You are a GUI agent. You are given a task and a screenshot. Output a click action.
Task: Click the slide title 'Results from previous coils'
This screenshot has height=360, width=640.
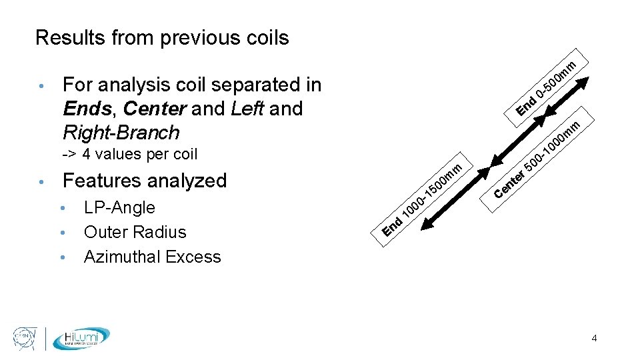click(162, 38)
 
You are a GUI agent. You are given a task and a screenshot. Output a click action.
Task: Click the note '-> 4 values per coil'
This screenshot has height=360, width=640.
click(129, 155)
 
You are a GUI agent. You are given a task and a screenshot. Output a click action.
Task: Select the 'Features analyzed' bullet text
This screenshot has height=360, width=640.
click(144, 181)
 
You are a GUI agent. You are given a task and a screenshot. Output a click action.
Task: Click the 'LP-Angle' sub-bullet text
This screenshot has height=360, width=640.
click(119, 208)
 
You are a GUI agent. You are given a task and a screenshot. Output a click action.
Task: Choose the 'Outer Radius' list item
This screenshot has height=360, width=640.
click(135, 233)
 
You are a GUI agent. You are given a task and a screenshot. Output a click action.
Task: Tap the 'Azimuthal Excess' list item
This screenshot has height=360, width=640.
click(152, 257)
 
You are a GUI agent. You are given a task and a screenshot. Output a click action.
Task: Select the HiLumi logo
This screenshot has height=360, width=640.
click(81, 338)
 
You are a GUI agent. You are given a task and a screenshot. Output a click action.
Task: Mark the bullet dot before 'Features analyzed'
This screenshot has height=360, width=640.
click(41, 181)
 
